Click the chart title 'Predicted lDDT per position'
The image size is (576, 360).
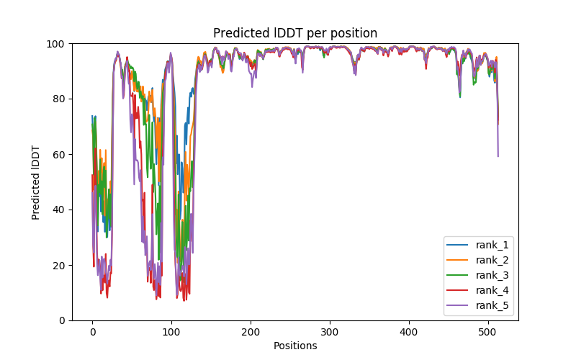[294, 33]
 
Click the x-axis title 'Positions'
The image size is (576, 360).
[295, 346]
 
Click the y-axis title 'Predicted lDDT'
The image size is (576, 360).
[37, 181]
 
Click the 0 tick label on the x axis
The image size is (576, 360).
[92, 332]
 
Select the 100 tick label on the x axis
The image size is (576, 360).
[171, 332]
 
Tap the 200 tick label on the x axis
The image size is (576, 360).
[251, 332]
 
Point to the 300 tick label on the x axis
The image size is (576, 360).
[330, 332]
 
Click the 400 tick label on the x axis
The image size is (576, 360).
[409, 332]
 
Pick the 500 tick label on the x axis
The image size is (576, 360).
[488, 332]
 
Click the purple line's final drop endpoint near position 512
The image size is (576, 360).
[498, 156]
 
